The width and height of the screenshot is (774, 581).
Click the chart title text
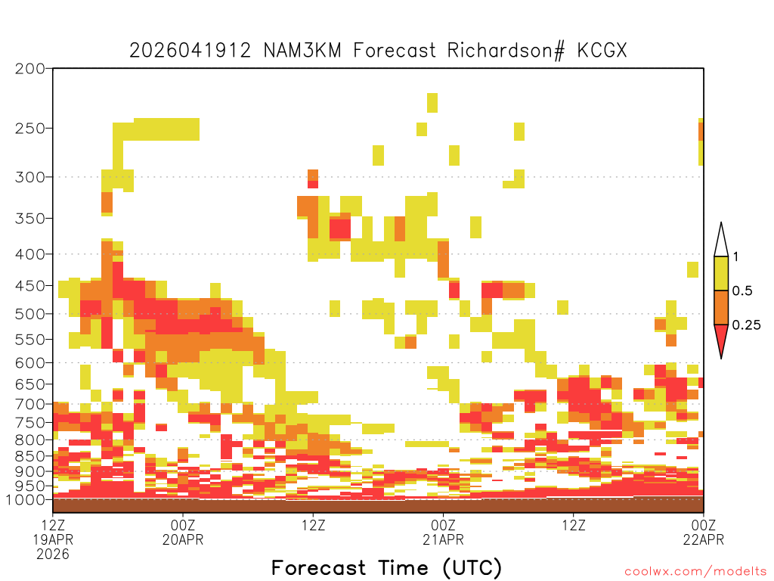pyautogui.click(x=378, y=51)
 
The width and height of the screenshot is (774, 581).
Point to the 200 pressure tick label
pyautogui.click(x=29, y=69)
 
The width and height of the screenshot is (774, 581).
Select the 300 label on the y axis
pyautogui.click(x=29, y=177)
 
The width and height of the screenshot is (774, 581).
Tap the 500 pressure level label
pyautogui.click(x=29, y=314)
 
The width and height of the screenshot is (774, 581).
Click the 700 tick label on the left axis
pyautogui.click(x=29, y=404)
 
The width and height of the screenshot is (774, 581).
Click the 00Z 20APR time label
pyautogui.click(x=183, y=532)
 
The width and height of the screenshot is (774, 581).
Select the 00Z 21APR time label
pyautogui.click(x=443, y=532)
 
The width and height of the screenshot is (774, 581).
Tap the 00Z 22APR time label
pyautogui.click(x=704, y=532)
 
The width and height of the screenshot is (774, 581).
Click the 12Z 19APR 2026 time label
pyautogui.click(x=53, y=539)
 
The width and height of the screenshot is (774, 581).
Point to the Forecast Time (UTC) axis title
pyautogui.click(x=386, y=568)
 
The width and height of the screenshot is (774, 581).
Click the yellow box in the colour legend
pyautogui.click(x=721, y=273)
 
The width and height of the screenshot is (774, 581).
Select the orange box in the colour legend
pyautogui.click(x=721, y=307)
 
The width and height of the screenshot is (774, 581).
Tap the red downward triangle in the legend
pyautogui.click(x=721, y=338)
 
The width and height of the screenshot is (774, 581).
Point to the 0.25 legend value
pyautogui.click(x=746, y=325)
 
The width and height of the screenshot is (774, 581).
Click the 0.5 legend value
pyautogui.click(x=742, y=291)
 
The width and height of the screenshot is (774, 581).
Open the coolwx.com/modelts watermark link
pyautogui.click(x=695, y=572)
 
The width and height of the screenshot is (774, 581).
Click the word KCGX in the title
pyautogui.click(x=602, y=51)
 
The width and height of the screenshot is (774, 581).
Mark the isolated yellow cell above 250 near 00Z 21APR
pyautogui.click(x=432, y=103)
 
